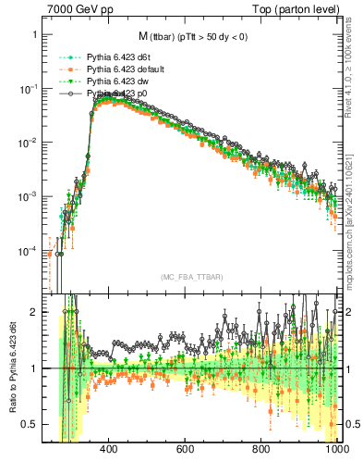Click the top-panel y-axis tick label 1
tap(34, 34)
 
